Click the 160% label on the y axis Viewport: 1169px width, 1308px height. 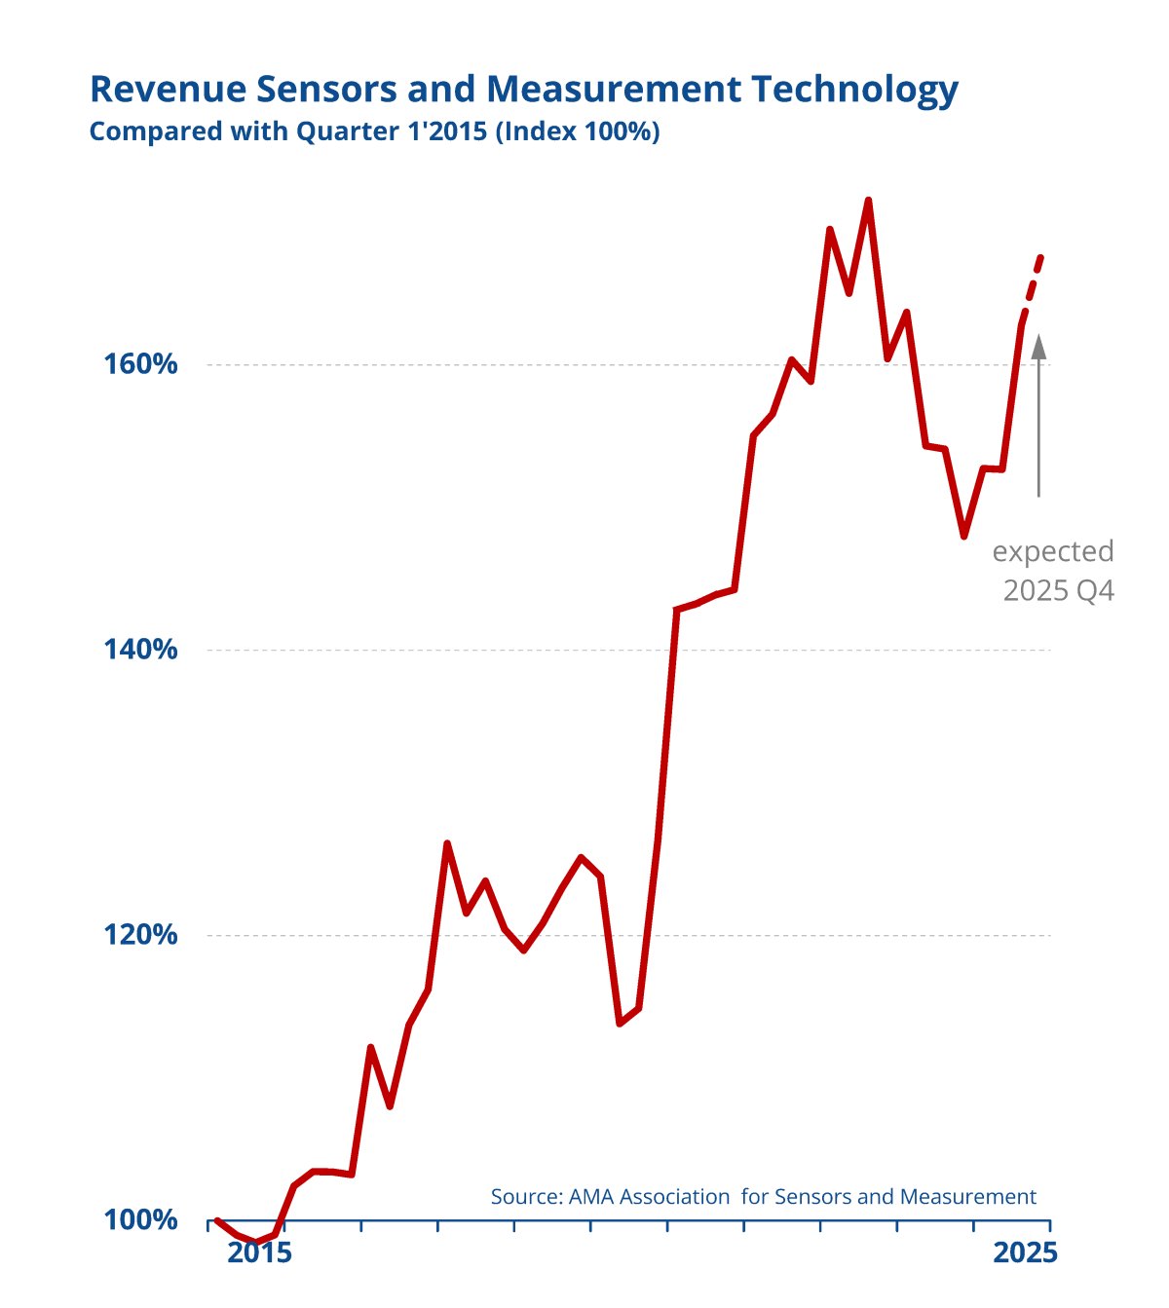pos(141,364)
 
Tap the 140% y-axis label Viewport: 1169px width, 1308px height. pos(141,650)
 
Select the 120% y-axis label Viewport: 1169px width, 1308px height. pos(141,935)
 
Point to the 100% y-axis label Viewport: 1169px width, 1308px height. pos(141,1219)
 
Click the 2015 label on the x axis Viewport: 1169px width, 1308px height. pos(259,1253)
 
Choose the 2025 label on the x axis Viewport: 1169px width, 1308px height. pos(1025,1253)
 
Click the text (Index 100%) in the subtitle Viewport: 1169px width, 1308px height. pos(578,131)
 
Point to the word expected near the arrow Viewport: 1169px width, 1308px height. pos(1053,552)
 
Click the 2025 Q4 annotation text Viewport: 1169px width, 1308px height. pos(1059,590)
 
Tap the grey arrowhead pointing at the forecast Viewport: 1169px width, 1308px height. pos(1038,346)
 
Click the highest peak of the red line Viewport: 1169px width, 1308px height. pos(868,201)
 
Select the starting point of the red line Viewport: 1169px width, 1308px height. pos(216,1219)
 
